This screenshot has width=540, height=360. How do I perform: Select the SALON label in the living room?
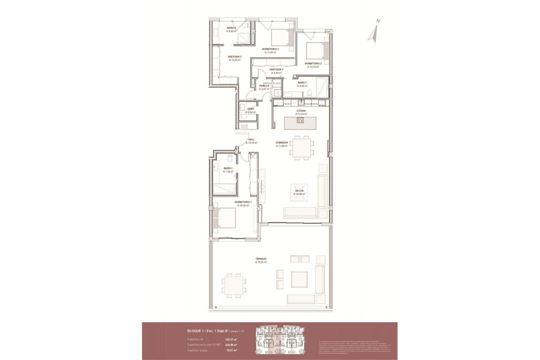pos(299,190)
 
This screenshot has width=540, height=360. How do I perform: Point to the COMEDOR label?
pos(281,142)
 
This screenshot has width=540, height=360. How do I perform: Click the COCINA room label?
pos(300,110)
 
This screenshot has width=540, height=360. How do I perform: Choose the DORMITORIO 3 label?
pos(270,49)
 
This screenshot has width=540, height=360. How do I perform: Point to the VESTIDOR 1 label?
pos(234,57)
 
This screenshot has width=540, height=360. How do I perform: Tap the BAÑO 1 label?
pos(228,168)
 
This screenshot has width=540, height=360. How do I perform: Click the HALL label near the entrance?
pos(251,139)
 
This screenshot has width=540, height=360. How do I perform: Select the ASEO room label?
pos(250,108)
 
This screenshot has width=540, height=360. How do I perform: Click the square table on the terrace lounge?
pos(299,279)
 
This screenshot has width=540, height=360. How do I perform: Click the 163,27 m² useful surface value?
pos(230,339)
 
